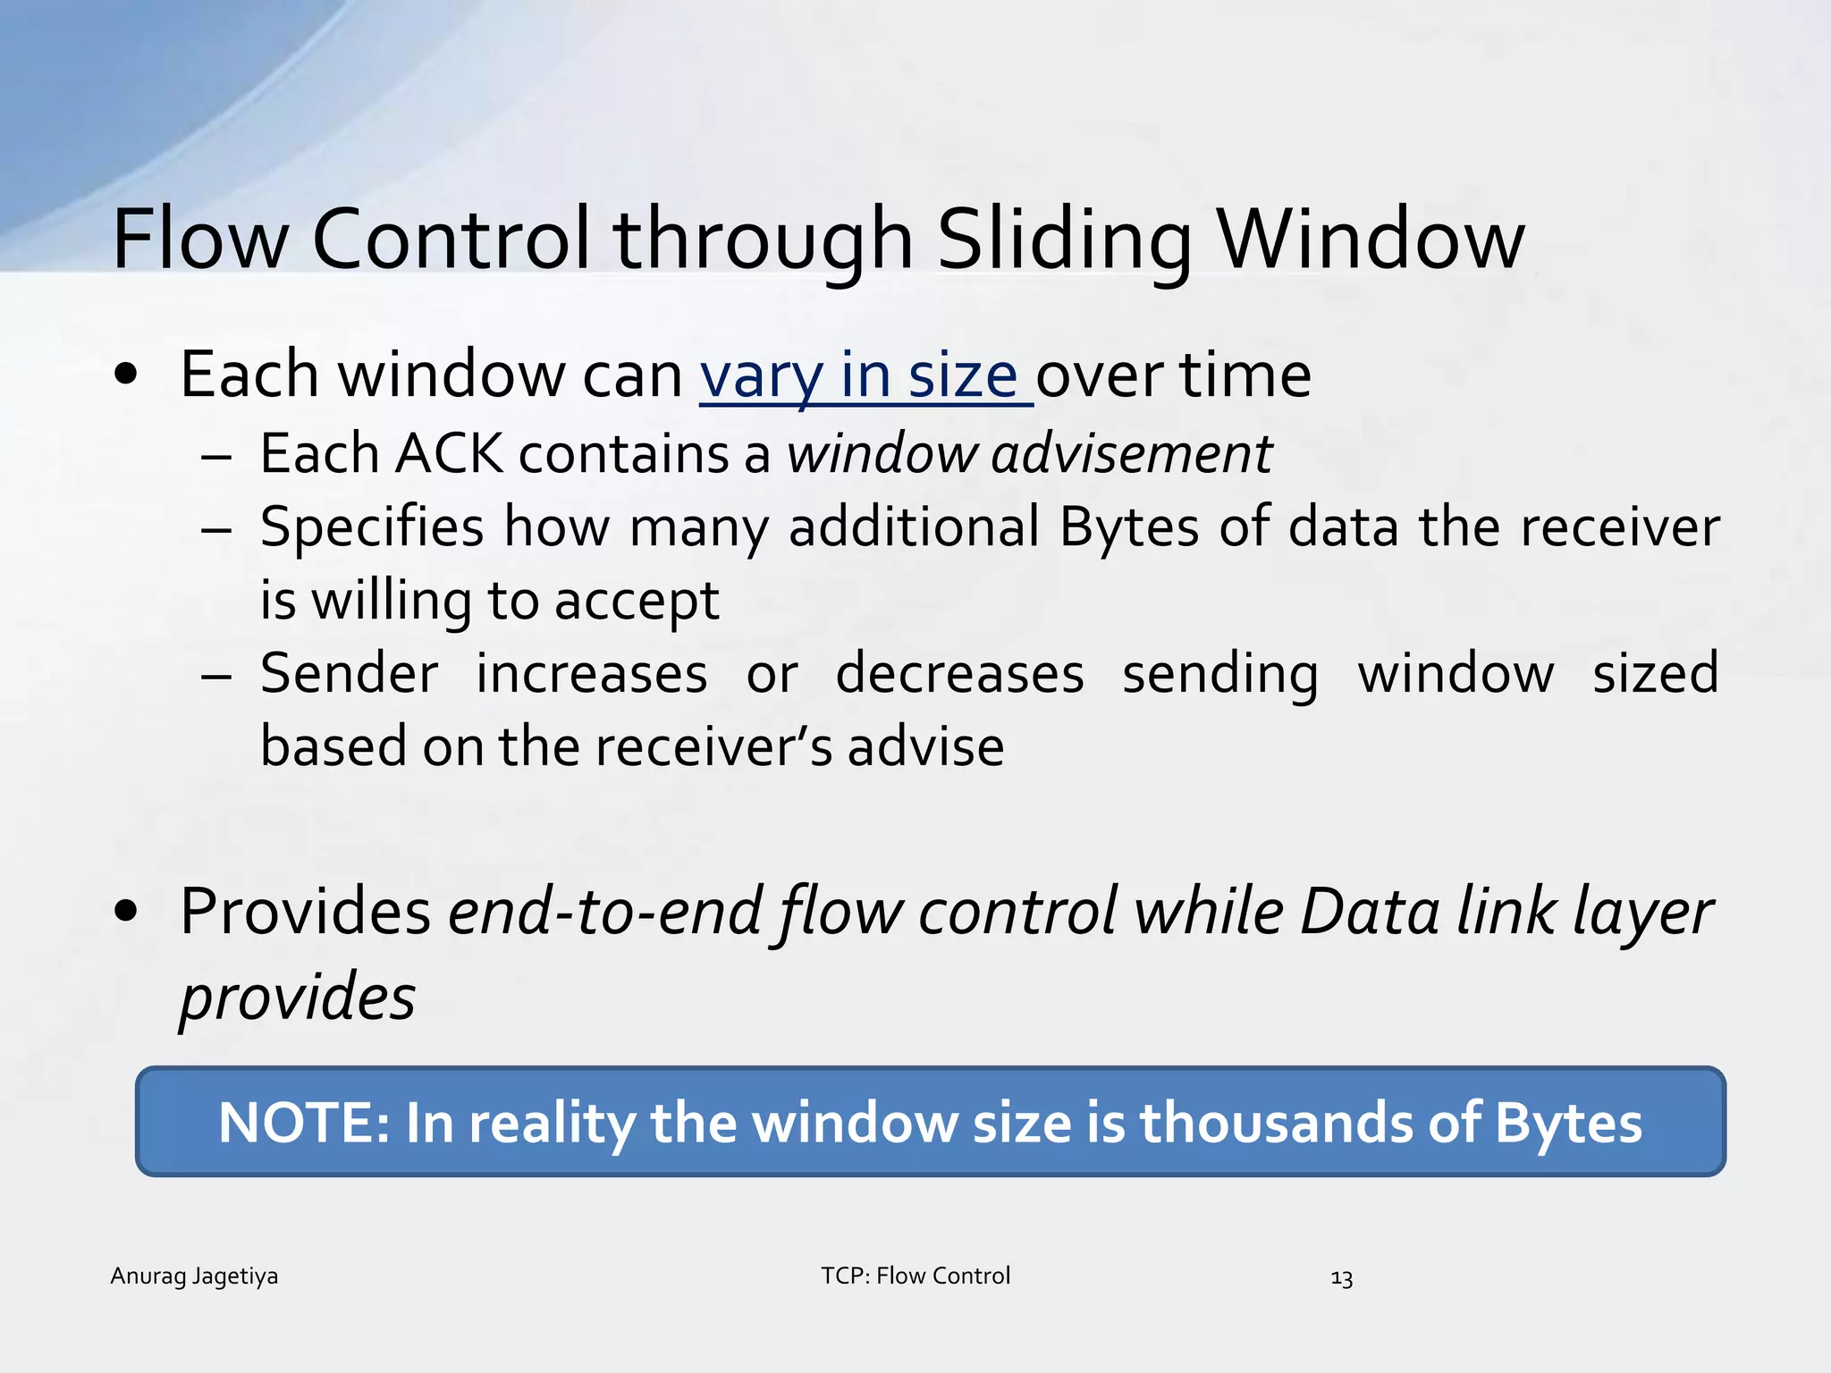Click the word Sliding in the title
pos(1064,240)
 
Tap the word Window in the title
pos(1371,240)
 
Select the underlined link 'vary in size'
pos(865,375)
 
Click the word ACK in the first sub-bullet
pos(449,453)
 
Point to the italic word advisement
pos(1131,453)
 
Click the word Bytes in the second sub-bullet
pos(1129,526)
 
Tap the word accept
pos(636,601)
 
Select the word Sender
pos(350,674)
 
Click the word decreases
pos(959,674)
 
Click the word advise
pos(925,747)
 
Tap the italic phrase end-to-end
pos(604,912)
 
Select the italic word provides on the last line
pos(298,998)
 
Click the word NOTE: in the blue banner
pos(304,1123)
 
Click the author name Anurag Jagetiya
pos(194,1276)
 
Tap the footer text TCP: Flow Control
pos(915,1276)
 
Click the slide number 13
pos(1341,1278)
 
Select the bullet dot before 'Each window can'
pos(126,375)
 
